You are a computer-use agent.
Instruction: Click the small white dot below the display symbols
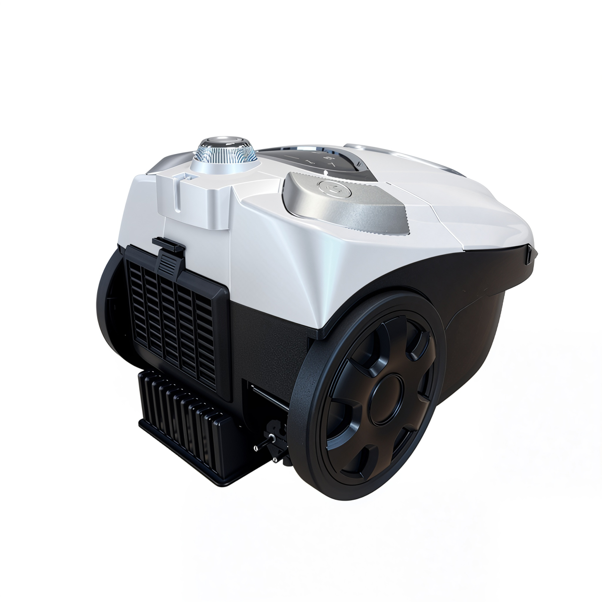[326, 172]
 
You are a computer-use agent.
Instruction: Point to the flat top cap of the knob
[224, 141]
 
